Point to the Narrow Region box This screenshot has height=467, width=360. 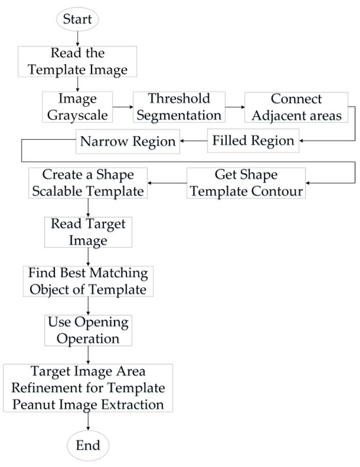pyautogui.click(x=128, y=140)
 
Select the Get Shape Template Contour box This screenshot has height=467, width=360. pyautogui.click(x=246, y=183)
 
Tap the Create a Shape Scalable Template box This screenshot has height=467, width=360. pyautogui.click(x=88, y=183)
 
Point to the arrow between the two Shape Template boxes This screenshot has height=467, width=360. pyautogui.click(x=166, y=184)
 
